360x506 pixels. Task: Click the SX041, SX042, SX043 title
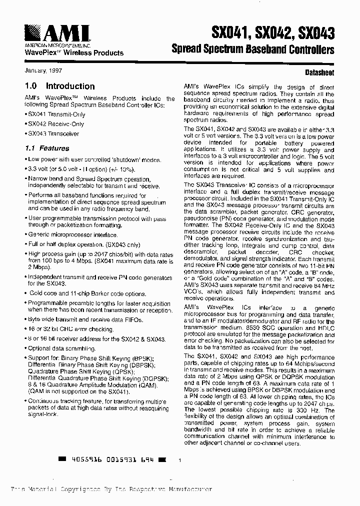[x=273, y=33]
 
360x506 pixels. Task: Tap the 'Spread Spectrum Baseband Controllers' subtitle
[x=252, y=50]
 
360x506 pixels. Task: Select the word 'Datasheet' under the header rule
[x=320, y=72]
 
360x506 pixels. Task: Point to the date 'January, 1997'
[x=42, y=70]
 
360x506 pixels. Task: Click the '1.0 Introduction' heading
[x=59, y=86]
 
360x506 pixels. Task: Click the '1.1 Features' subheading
[x=47, y=148]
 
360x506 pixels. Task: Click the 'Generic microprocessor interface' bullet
[x=72, y=234]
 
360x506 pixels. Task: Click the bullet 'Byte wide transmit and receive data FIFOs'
[x=84, y=319]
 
